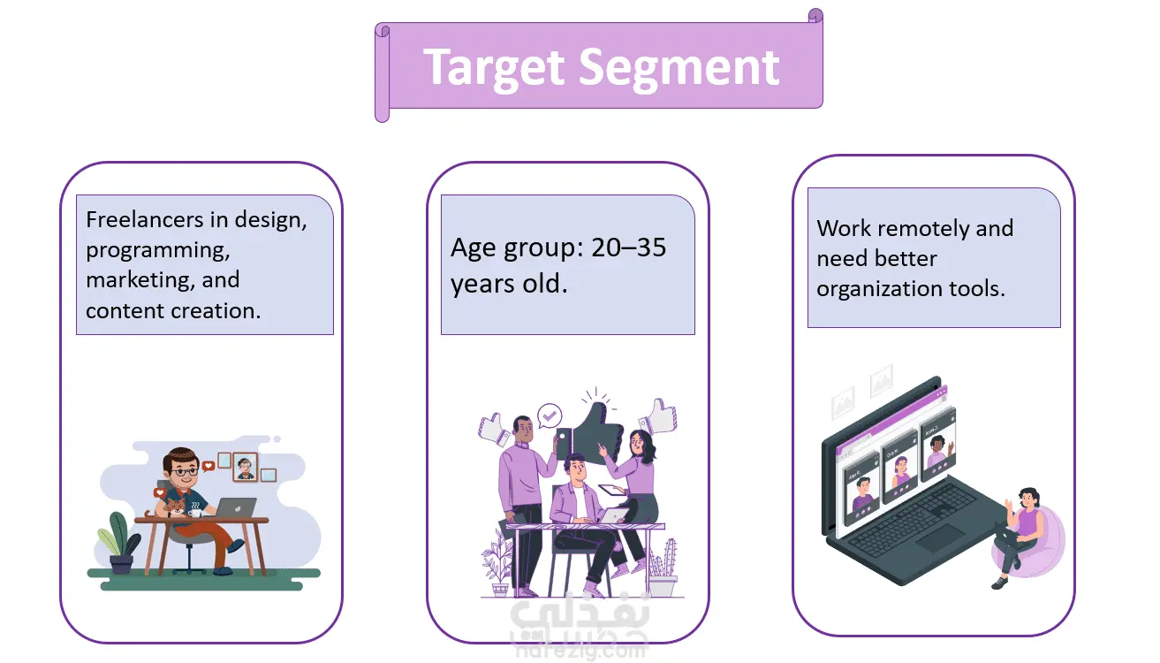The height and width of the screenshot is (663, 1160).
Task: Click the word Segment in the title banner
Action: pos(679,67)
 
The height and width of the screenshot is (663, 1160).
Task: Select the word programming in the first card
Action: pos(157,251)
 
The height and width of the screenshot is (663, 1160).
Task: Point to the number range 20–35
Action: pos(629,248)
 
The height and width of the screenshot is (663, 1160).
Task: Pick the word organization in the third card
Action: pos(880,289)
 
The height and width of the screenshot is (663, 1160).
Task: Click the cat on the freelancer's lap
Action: pos(172,507)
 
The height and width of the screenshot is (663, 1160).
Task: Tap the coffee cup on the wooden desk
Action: pos(194,512)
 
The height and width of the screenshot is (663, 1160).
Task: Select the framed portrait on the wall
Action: pos(245,468)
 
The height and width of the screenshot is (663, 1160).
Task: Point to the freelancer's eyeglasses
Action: pos(183,472)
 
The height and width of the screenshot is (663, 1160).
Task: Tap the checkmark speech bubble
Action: pos(549,416)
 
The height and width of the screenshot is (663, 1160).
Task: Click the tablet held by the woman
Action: pos(612,490)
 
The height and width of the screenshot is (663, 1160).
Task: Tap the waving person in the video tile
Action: pos(938,450)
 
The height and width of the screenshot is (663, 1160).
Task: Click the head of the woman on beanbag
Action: pos(1028,499)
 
